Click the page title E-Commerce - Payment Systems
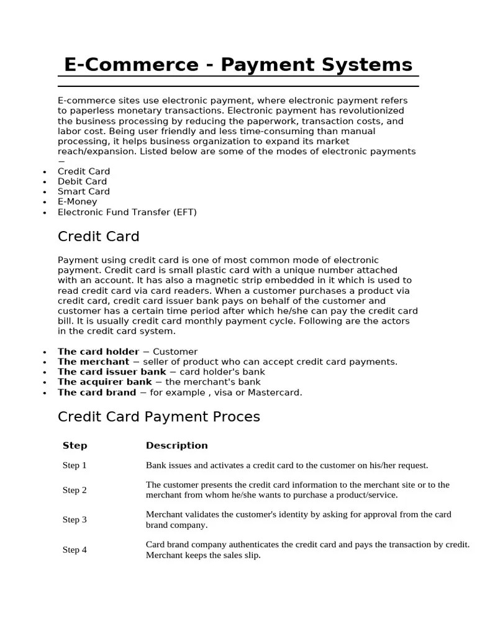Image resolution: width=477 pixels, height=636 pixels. point(238,65)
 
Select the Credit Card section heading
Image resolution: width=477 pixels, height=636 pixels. point(98,237)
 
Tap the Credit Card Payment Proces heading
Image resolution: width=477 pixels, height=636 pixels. point(158,417)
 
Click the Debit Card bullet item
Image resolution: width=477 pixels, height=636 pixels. point(83,181)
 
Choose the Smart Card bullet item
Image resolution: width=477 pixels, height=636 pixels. point(84,192)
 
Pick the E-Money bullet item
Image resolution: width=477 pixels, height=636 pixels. point(78,202)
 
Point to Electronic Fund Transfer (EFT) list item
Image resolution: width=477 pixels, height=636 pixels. point(127,212)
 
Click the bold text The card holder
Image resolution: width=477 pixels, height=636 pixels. point(98,352)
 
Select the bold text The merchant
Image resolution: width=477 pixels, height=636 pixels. point(93,362)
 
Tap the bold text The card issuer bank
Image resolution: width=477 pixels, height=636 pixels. point(112,372)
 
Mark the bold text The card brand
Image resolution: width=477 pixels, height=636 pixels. point(96,393)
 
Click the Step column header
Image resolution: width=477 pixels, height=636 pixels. point(75,446)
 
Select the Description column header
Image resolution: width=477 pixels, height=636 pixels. point(176,446)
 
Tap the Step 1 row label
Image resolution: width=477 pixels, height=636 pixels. point(75,465)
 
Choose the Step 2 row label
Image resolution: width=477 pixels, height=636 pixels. point(75,490)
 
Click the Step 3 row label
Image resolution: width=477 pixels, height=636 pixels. point(75,520)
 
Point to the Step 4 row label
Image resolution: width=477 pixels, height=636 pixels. point(75,550)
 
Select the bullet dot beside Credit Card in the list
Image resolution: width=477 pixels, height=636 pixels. point(44,172)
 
